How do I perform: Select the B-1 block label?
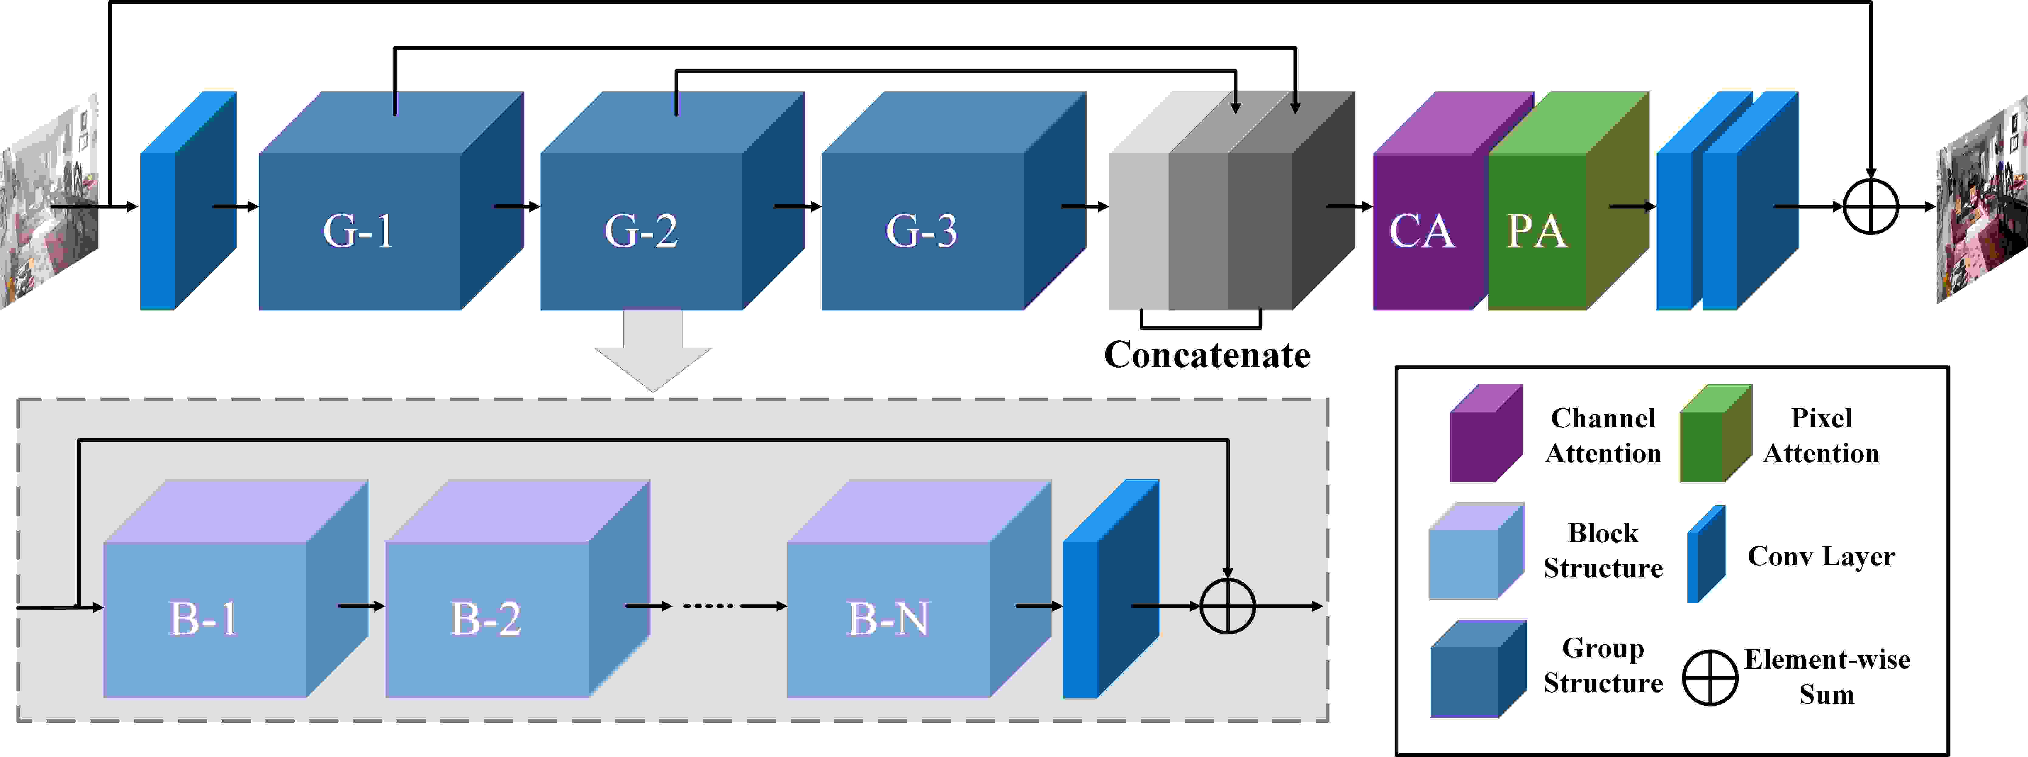[x=203, y=618]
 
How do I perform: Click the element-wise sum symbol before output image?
[x=1871, y=207]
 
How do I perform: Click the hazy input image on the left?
[x=49, y=205]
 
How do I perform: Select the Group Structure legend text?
[x=1603, y=666]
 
